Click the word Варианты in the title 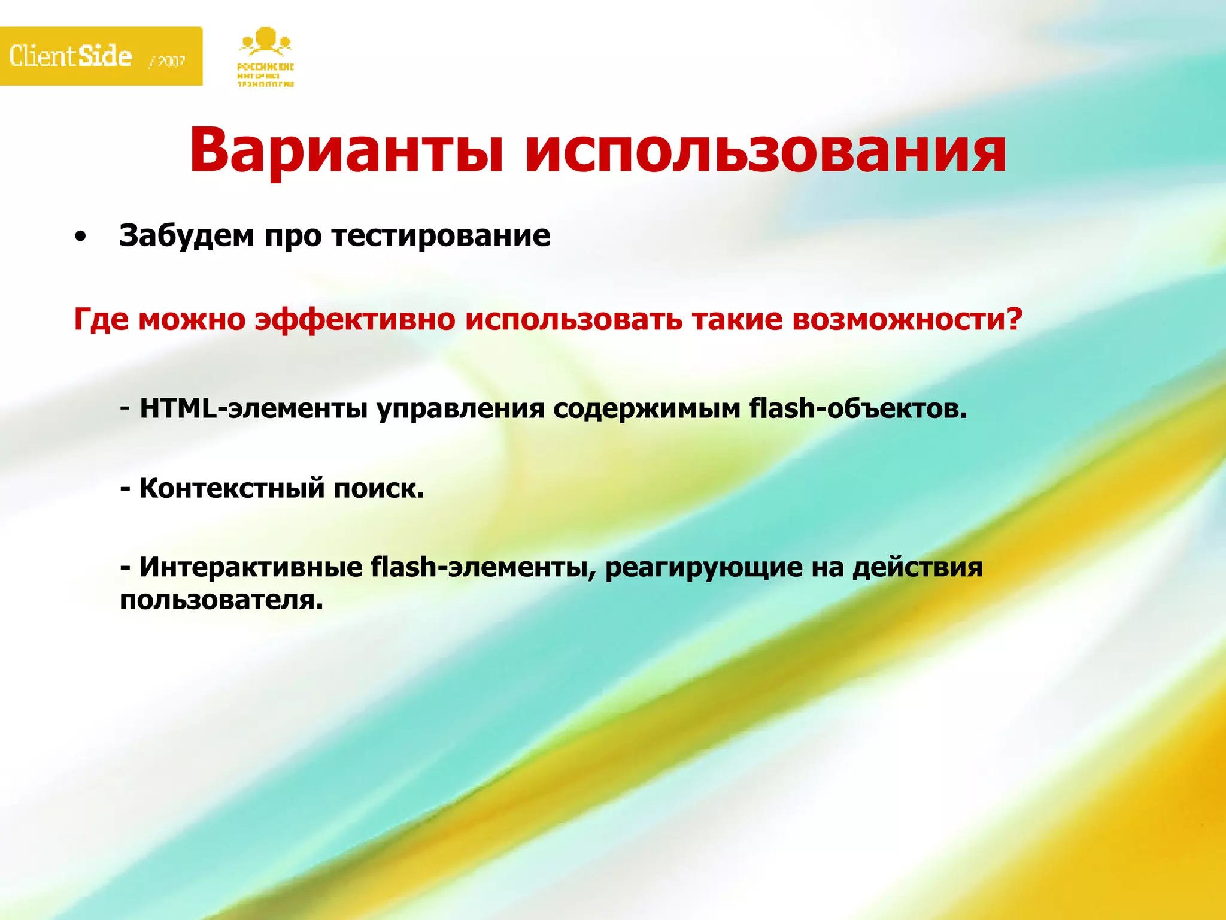click(x=346, y=150)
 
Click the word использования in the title click(x=765, y=150)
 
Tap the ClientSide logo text click(x=71, y=56)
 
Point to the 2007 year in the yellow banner click(x=168, y=61)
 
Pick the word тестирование click(x=441, y=235)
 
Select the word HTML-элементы click(x=253, y=409)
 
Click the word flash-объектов click(x=857, y=409)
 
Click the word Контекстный click(x=232, y=488)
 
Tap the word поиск click(x=378, y=488)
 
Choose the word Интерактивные click(x=251, y=567)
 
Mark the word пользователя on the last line click(x=221, y=600)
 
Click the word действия click(x=917, y=567)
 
